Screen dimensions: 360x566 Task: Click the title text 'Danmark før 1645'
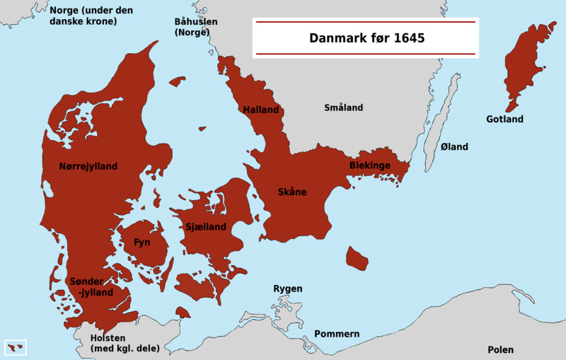click(x=366, y=38)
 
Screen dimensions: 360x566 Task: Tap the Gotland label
click(x=504, y=119)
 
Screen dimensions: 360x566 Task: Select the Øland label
click(x=454, y=146)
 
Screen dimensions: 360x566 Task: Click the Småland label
click(x=343, y=108)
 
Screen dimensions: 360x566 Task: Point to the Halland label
click(x=260, y=110)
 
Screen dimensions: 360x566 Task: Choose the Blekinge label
click(x=369, y=165)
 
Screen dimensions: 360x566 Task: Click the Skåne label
click(x=292, y=192)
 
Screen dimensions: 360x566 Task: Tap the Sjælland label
click(x=205, y=227)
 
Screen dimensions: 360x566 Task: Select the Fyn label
click(x=141, y=242)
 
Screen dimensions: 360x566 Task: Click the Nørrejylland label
click(x=88, y=166)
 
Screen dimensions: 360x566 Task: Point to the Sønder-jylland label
click(x=91, y=286)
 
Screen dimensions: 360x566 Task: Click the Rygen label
click(x=288, y=289)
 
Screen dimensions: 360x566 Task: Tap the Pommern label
click(x=337, y=334)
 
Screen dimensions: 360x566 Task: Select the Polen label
click(x=500, y=349)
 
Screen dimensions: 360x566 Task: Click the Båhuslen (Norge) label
click(x=195, y=27)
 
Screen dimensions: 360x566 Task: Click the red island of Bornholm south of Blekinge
click(x=357, y=259)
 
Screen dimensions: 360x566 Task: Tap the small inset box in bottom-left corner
click(x=16, y=347)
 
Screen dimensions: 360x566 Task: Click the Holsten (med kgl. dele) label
click(x=125, y=342)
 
